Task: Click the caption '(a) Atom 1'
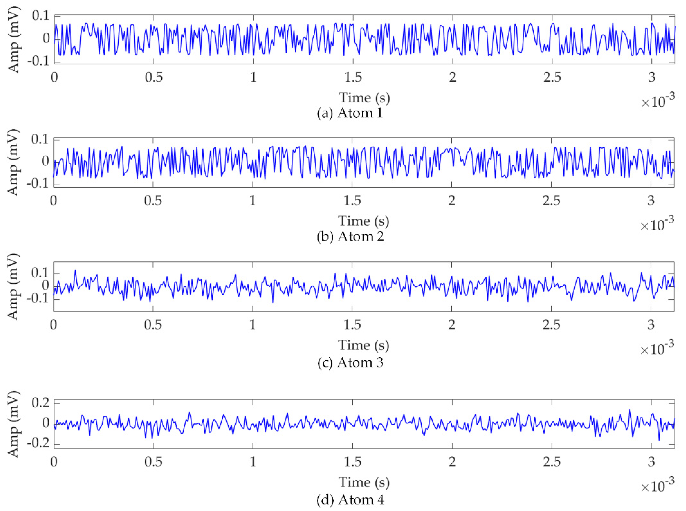(x=350, y=113)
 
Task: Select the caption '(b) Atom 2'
(x=350, y=237)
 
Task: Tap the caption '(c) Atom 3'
(x=350, y=363)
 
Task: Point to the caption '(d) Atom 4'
(x=350, y=500)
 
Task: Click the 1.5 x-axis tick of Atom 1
(x=353, y=77)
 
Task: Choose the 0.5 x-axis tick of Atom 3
(x=153, y=325)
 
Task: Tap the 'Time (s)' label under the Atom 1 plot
(x=364, y=98)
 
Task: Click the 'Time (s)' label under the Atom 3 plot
(x=364, y=345)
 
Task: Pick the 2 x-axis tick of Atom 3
(x=452, y=325)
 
